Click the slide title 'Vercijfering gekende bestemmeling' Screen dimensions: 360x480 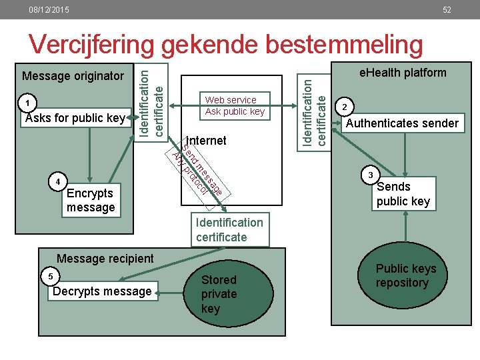point(226,45)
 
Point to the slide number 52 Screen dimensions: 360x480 point(447,10)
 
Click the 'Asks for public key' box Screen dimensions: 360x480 point(75,119)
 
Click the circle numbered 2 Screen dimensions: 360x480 point(345,106)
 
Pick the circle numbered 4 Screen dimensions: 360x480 point(59,181)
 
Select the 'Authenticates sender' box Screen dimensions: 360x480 point(403,123)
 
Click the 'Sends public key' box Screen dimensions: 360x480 point(403,194)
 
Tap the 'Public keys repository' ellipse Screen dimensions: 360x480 point(405,276)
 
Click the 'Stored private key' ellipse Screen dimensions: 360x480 point(219,294)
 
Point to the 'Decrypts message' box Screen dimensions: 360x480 point(103,291)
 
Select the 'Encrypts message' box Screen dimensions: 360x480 point(91,200)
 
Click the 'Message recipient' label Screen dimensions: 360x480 point(105,258)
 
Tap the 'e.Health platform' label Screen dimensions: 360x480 point(403,73)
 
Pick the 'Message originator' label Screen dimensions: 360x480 point(73,76)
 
